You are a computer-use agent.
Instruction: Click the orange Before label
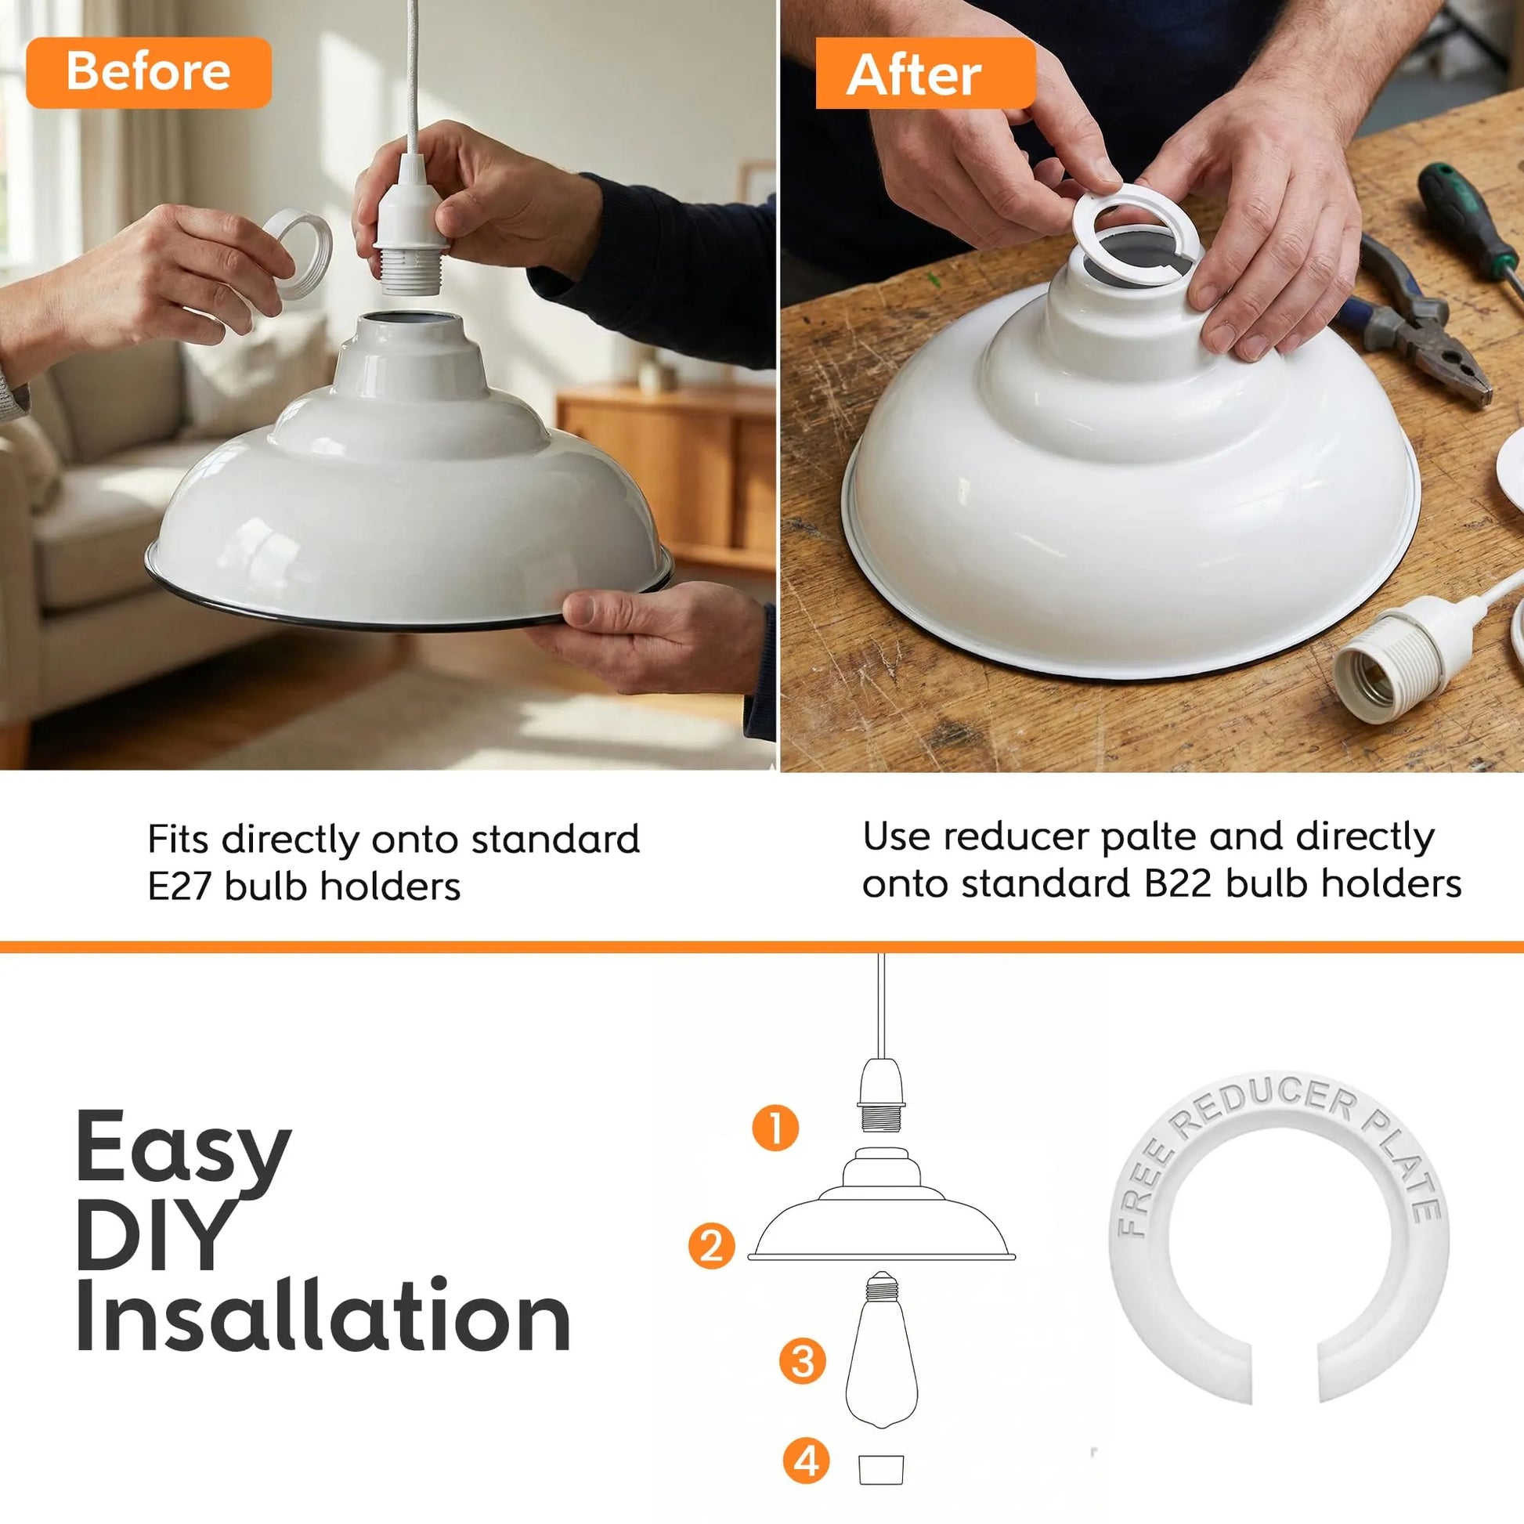(x=148, y=72)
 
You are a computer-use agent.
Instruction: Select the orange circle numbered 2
(x=712, y=1246)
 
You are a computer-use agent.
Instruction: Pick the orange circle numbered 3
(x=802, y=1362)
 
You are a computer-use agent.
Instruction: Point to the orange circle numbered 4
(x=806, y=1461)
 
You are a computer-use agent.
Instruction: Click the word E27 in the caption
(x=179, y=886)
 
